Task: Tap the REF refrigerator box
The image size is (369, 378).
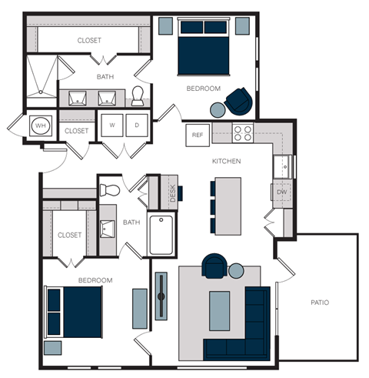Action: [x=198, y=135]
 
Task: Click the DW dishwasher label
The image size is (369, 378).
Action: [x=281, y=192]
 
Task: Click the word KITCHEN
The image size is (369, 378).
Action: [x=227, y=162]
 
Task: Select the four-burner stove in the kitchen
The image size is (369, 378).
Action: [x=242, y=133]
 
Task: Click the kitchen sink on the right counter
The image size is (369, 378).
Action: [x=282, y=164]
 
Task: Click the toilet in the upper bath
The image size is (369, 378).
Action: [x=138, y=95]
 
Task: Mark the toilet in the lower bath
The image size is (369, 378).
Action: [x=111, y=189]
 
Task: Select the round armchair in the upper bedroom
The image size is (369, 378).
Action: [x=239, y=99]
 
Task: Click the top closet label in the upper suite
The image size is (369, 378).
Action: [x=89, y=40]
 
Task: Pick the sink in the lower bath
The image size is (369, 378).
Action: [x=108, y=229]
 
